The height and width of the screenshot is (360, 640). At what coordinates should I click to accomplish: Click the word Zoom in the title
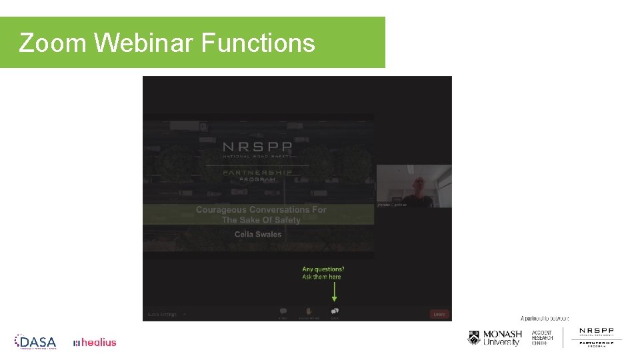pyautogui.click(x=53, y=43)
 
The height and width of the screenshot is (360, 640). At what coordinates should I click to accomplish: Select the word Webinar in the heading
pyautogui.click(x=143, y=43)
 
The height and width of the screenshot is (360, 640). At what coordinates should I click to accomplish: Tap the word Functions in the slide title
pyautogui.click(x=257, y=43)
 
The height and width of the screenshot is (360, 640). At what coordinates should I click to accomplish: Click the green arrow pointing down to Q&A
pyautogui.click(x=335, y=291)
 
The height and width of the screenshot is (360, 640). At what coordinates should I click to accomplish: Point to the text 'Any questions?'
pyautogui.click(x=323, y=269)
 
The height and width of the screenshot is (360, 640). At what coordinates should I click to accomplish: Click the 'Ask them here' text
pyautogui.click(x=321, y=277)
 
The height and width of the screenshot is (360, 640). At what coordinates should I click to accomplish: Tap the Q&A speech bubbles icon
pyautogui.click(x=335, y=311)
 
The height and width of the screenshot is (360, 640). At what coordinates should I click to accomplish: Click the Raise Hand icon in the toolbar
pyautogui.click(x=309, y=311)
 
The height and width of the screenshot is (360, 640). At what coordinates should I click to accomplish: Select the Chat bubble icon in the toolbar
pyautogui.click(x=283, y=311)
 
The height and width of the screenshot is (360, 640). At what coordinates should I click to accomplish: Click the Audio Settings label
pyautogui.click(x=162, y=314)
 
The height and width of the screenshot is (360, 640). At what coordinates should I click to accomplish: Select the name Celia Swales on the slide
pyautogui.click(x=258, y=234)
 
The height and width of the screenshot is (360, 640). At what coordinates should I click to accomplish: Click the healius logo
pyautogui.click(x=95, y=343)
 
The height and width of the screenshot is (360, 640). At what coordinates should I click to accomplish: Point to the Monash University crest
pyautogui.click(x=474, y=338)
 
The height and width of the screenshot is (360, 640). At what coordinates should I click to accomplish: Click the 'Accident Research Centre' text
pyautogui.click(x=542, y=338)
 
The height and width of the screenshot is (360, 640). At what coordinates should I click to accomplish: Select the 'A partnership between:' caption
pyautogui.click(x=545, y=319)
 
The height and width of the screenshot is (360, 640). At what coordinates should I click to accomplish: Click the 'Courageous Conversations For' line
pyautogui.click(x=261, y=209)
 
